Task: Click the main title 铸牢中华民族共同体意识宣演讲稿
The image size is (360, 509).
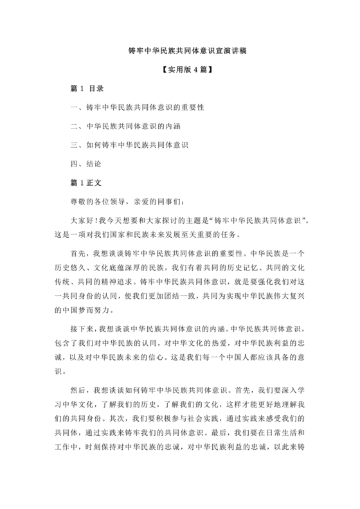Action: [179, 49]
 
